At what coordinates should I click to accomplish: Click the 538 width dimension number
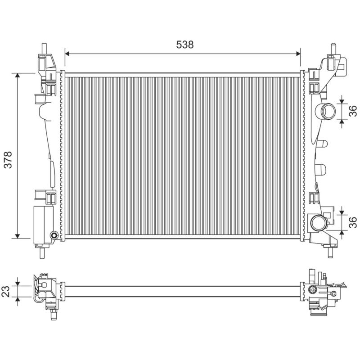[185, 45]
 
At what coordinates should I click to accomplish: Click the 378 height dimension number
[8, 160]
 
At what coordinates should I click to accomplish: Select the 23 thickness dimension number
[6, 291]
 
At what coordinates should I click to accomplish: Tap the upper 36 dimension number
[352, 111]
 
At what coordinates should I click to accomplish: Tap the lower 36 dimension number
[352, 222]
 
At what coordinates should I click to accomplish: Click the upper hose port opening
[329, 111]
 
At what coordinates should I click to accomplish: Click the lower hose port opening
[318, 223]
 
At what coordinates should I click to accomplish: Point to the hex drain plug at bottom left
[54, 235]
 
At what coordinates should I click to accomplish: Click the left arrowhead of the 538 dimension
[67, 54]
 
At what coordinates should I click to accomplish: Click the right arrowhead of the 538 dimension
[298, 54]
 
